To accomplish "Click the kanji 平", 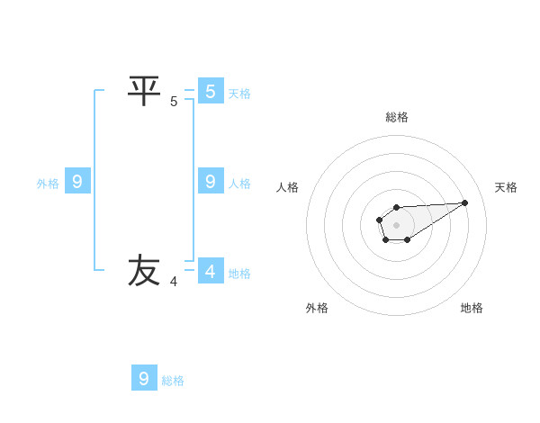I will pyautogui.click(x=144, y=90).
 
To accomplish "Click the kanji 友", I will pyautogui.click(x=144, y=271).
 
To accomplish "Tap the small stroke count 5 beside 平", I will pyautogui.click(x=174, y=102).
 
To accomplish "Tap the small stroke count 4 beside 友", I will pyautogui.click(x=174, y=282).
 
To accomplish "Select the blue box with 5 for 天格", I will pyautogui.click(x=210, y=91).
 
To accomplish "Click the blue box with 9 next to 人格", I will pyautogui.click(x=210, y=181).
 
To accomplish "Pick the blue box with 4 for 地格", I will pyautogui.click(x=210, y=271).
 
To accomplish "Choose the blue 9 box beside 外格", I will pyautogui.click(x=76, y=182).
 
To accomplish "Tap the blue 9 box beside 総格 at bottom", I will pyautogui.click(x=144, y=378).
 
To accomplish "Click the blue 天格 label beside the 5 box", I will pyautogui.click(x=239, y=93).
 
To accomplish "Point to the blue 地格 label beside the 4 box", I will pyautogui.click(x=239, y=273).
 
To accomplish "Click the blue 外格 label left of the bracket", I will pyautogui.click(x=48, y=183).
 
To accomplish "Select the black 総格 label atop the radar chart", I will pyautogui.click(x=397, y=116).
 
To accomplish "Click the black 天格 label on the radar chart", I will pyautogui.click(x=506, y=187).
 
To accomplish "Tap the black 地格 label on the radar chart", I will pyautogui.click(x=472, y=308).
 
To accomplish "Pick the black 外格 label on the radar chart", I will pyautogui.click(x=317, y=308).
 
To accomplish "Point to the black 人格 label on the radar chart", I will pyautogui.click(x=288, y=187).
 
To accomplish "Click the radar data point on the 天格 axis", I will pyautogui.click(x=465, y=202).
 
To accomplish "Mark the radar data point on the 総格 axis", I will pyautogui.click(x=396, y=208).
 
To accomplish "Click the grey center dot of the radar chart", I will pyautogui.click(x=396, y=224).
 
